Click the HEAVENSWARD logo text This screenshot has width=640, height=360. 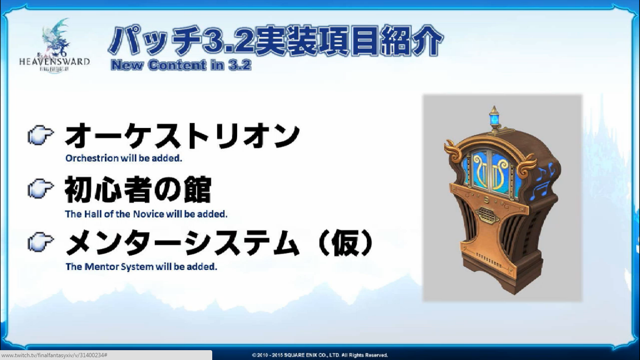pyautogui.click(x=54, y=62)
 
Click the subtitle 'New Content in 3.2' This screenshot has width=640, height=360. pyautogui.click(x=181, y=65)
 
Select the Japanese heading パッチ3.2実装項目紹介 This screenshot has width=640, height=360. pyautogui.click(x=275, y=41)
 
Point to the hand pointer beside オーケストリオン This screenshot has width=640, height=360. pyautogui.click(x=41, y=135)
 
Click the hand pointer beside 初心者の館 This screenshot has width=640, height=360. pyautogui.click(x=41, y=188)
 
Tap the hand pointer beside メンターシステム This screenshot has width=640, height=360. pyautogui.click(x=41, y=242)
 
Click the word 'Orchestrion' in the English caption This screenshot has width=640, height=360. pyautogui.click(x=92, y=158)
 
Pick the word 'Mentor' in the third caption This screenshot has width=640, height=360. pyautogui.click(x=102, y=267)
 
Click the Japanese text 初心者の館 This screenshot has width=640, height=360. pyautogui.click(x=138, y=189)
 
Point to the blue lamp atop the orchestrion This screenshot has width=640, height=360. pyautogui.click(x=494, y=119)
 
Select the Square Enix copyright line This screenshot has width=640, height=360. pyautogui.click(x=320, y=355)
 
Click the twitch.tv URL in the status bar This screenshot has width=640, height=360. pyautogui.click(x=54, y=355)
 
